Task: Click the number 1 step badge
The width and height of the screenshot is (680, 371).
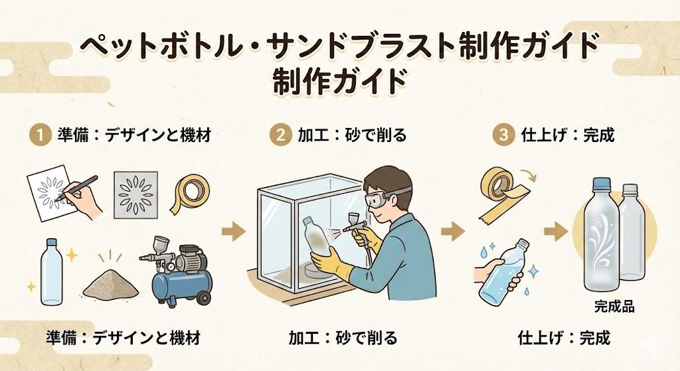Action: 39,135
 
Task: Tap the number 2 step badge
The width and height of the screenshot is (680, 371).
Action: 281,135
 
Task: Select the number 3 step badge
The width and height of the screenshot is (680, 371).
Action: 503,135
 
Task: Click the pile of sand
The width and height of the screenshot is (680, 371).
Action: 111,284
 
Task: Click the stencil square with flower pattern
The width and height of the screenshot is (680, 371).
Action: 135,195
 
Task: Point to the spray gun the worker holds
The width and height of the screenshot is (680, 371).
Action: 357,230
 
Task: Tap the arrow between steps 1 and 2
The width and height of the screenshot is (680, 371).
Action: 234,230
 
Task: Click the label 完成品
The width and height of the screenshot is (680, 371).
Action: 614,307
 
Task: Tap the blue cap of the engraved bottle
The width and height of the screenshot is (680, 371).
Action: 601,185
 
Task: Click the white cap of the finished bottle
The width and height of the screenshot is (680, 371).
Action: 630,189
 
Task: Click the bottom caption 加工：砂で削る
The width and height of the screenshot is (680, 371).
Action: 343,337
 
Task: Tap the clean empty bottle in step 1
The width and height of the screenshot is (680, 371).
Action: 51,271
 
